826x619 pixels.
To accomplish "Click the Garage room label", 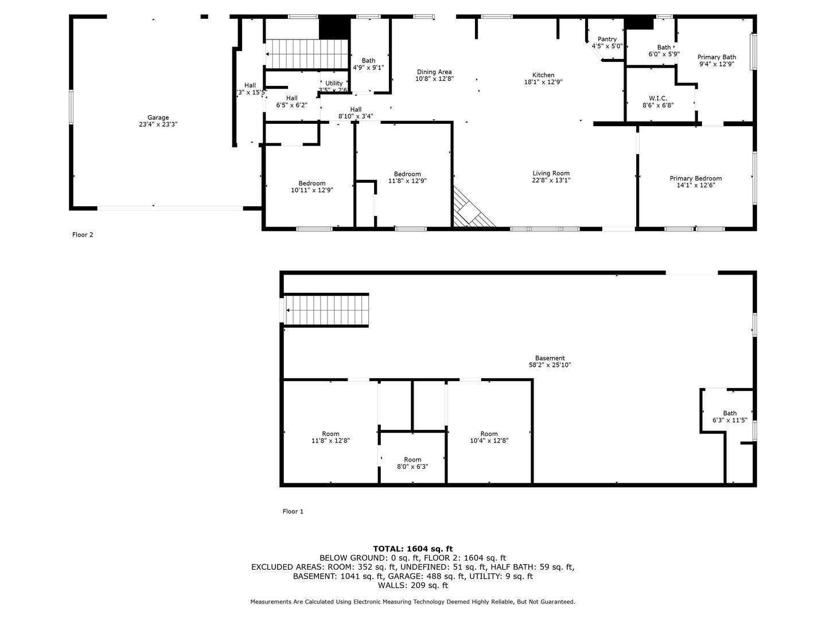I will pyautogui.click(x=158, y=117).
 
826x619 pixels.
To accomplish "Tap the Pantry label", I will pyautogui.click(x=607, y=39).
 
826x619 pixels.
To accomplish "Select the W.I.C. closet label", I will pyautogui.click(x=657, y=98).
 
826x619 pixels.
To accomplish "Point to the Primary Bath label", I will pyautogui.click(x=716, y=57).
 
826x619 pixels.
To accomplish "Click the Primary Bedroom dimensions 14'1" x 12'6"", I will pyautogui.click(x=695, y=185).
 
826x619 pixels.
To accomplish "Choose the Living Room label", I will pyautogui.click(x=551, y=173).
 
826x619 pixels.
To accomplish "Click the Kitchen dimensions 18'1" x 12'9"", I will pyautogui.click(x=543, y=82).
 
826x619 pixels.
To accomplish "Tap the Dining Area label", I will pyautogui.click(x=434, y=72).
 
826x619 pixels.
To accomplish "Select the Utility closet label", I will pyautogui.click(x=334, y=83).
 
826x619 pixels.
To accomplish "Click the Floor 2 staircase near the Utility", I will pyautogui.click(x=307, y=54).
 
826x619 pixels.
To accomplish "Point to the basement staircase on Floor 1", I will pyautogui.click(x=327, y=309).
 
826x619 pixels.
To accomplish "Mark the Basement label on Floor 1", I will pyautogui.click(x=550, y=358).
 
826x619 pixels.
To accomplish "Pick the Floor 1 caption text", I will pyautogui.click(x=293, y=511).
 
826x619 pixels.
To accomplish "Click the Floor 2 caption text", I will pyautogui.click(x=83, y=234).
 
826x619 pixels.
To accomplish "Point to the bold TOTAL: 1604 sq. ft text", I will pyautogui.click(x=412, y=549).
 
